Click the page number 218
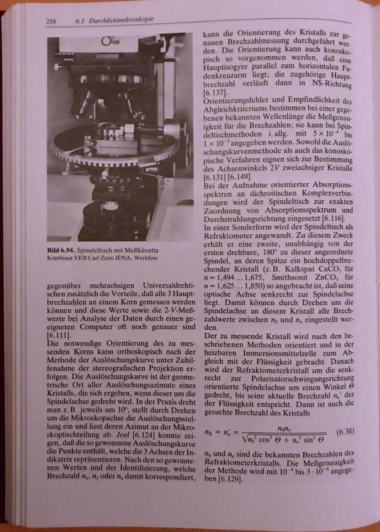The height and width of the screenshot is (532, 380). click(x=50, y=22)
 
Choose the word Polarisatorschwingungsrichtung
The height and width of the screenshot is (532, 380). click(x=302, y=378)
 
